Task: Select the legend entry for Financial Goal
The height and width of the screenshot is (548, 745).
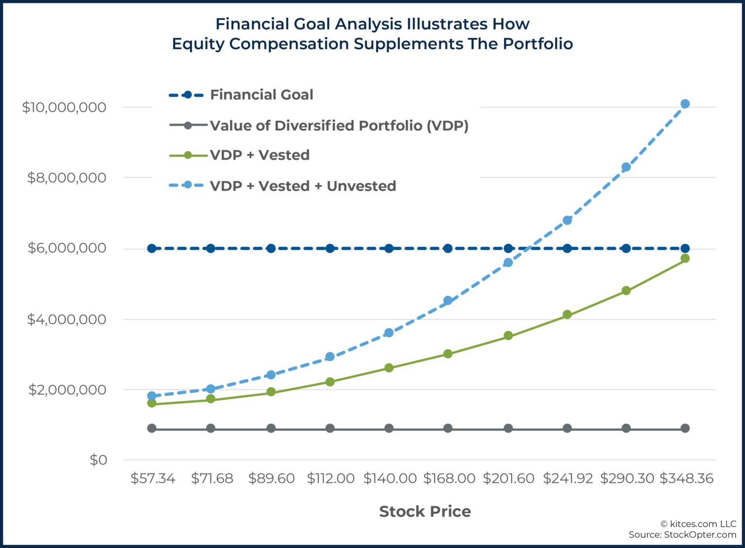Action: click(261, 95)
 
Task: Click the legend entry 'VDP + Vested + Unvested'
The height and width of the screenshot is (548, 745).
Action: click(303, 186)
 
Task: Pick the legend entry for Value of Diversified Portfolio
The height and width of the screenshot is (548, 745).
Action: click(339, 126)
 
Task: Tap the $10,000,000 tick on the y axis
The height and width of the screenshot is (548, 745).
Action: click(64, 107)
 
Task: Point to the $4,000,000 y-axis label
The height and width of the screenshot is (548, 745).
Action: click(66, 319)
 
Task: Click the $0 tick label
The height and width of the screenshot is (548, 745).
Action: click(98, 460)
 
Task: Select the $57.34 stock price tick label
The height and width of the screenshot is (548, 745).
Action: click(153, 479)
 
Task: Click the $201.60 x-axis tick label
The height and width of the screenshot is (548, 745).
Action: click(508, 479)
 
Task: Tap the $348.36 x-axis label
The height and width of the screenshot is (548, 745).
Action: click(686, 479)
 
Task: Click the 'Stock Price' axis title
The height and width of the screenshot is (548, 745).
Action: click(425, 512)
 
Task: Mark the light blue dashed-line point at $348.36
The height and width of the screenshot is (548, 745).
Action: click(685, 104)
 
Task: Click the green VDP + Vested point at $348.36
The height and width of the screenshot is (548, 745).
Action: click(685, 258)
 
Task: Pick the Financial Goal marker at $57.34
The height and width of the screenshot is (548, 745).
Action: click(152, 249)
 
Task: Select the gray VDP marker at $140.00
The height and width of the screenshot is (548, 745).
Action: click(389, 428)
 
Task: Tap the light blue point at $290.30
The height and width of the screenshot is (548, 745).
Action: click(626, 167)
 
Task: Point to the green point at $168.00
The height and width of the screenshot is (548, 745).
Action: click(448, 354)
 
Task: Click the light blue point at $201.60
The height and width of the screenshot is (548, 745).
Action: click(508, 263)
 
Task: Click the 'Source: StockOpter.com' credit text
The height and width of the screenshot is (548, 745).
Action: click(682, 534)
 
